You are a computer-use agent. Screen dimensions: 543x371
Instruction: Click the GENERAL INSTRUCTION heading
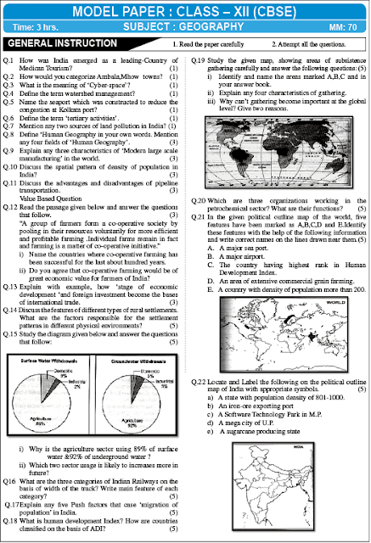(x=53, y=42)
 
